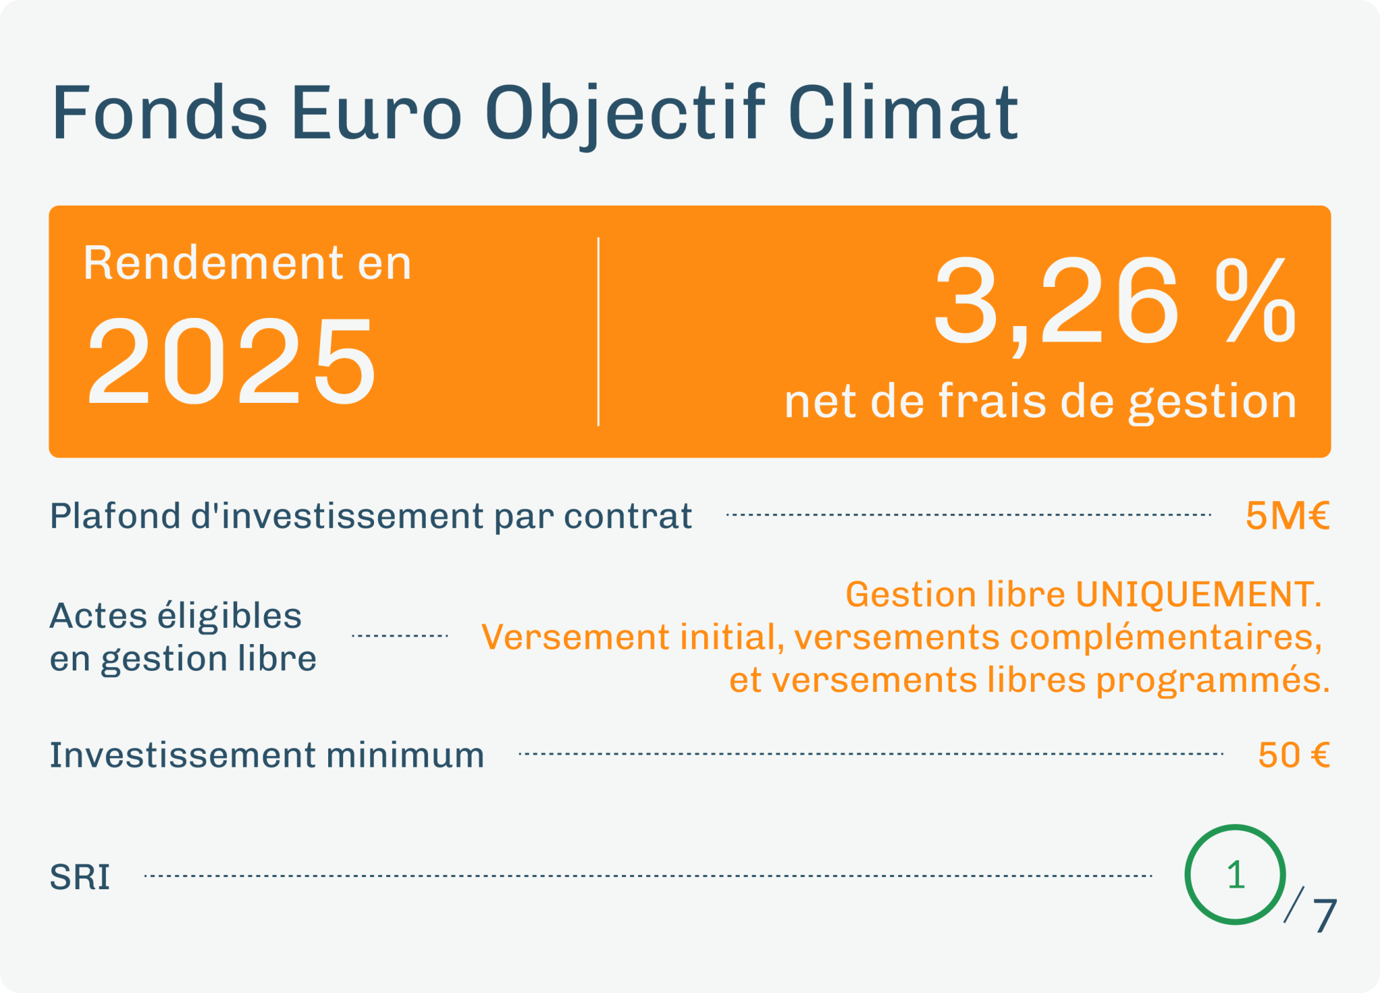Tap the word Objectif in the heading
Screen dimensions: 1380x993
click(x=625, y=116)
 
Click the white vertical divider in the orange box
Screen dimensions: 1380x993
click(x=598, y=331)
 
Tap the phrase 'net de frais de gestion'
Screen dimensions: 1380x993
click(x=1040, y=403)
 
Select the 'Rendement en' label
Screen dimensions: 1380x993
click(x=247, y=263)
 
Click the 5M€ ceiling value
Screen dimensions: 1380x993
click(x=1288, y=516)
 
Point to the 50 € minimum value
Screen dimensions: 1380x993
click(x=1294, y=755)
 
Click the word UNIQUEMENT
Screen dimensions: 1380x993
click(x=1198, y=595)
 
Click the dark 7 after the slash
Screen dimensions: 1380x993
click(x=1325, y=916)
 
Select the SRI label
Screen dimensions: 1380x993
click(x=80, y=878)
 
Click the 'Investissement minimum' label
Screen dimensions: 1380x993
click(x=267, y=755)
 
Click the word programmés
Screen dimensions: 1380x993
click(x=1213, y=680)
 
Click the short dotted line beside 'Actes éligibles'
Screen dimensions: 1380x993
click(x=400, y=635)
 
